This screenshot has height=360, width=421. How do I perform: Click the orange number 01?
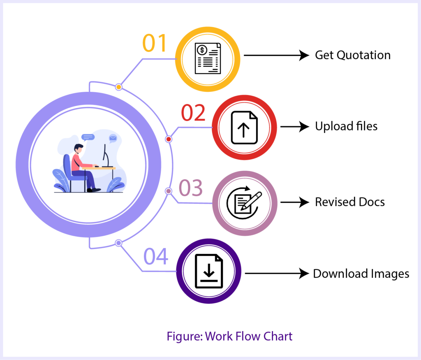(155, 43)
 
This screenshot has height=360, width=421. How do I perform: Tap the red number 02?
(193, 113)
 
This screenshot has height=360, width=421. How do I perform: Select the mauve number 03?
(191, 188)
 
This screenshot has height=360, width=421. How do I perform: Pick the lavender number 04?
(156, 256)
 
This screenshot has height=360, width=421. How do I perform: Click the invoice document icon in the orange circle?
(208, 59)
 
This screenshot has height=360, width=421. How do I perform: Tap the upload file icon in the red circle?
(244, 128)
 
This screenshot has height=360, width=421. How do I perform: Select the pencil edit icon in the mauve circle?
(245, 203)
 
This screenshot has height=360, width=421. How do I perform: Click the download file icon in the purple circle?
(209, 271)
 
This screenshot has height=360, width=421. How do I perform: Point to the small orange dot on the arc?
(119, 87)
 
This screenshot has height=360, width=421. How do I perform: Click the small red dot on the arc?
(169, 139)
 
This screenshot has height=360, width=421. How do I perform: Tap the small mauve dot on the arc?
(168, 191)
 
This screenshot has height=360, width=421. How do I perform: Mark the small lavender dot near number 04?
(118, 243)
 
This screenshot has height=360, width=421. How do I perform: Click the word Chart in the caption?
(278, 336)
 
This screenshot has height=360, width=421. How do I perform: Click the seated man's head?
(79, 149)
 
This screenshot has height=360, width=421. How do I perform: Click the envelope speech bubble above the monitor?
(112, 138)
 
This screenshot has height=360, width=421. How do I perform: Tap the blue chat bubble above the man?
(88, 137)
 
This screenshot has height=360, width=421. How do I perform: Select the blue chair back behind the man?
(67, 165)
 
